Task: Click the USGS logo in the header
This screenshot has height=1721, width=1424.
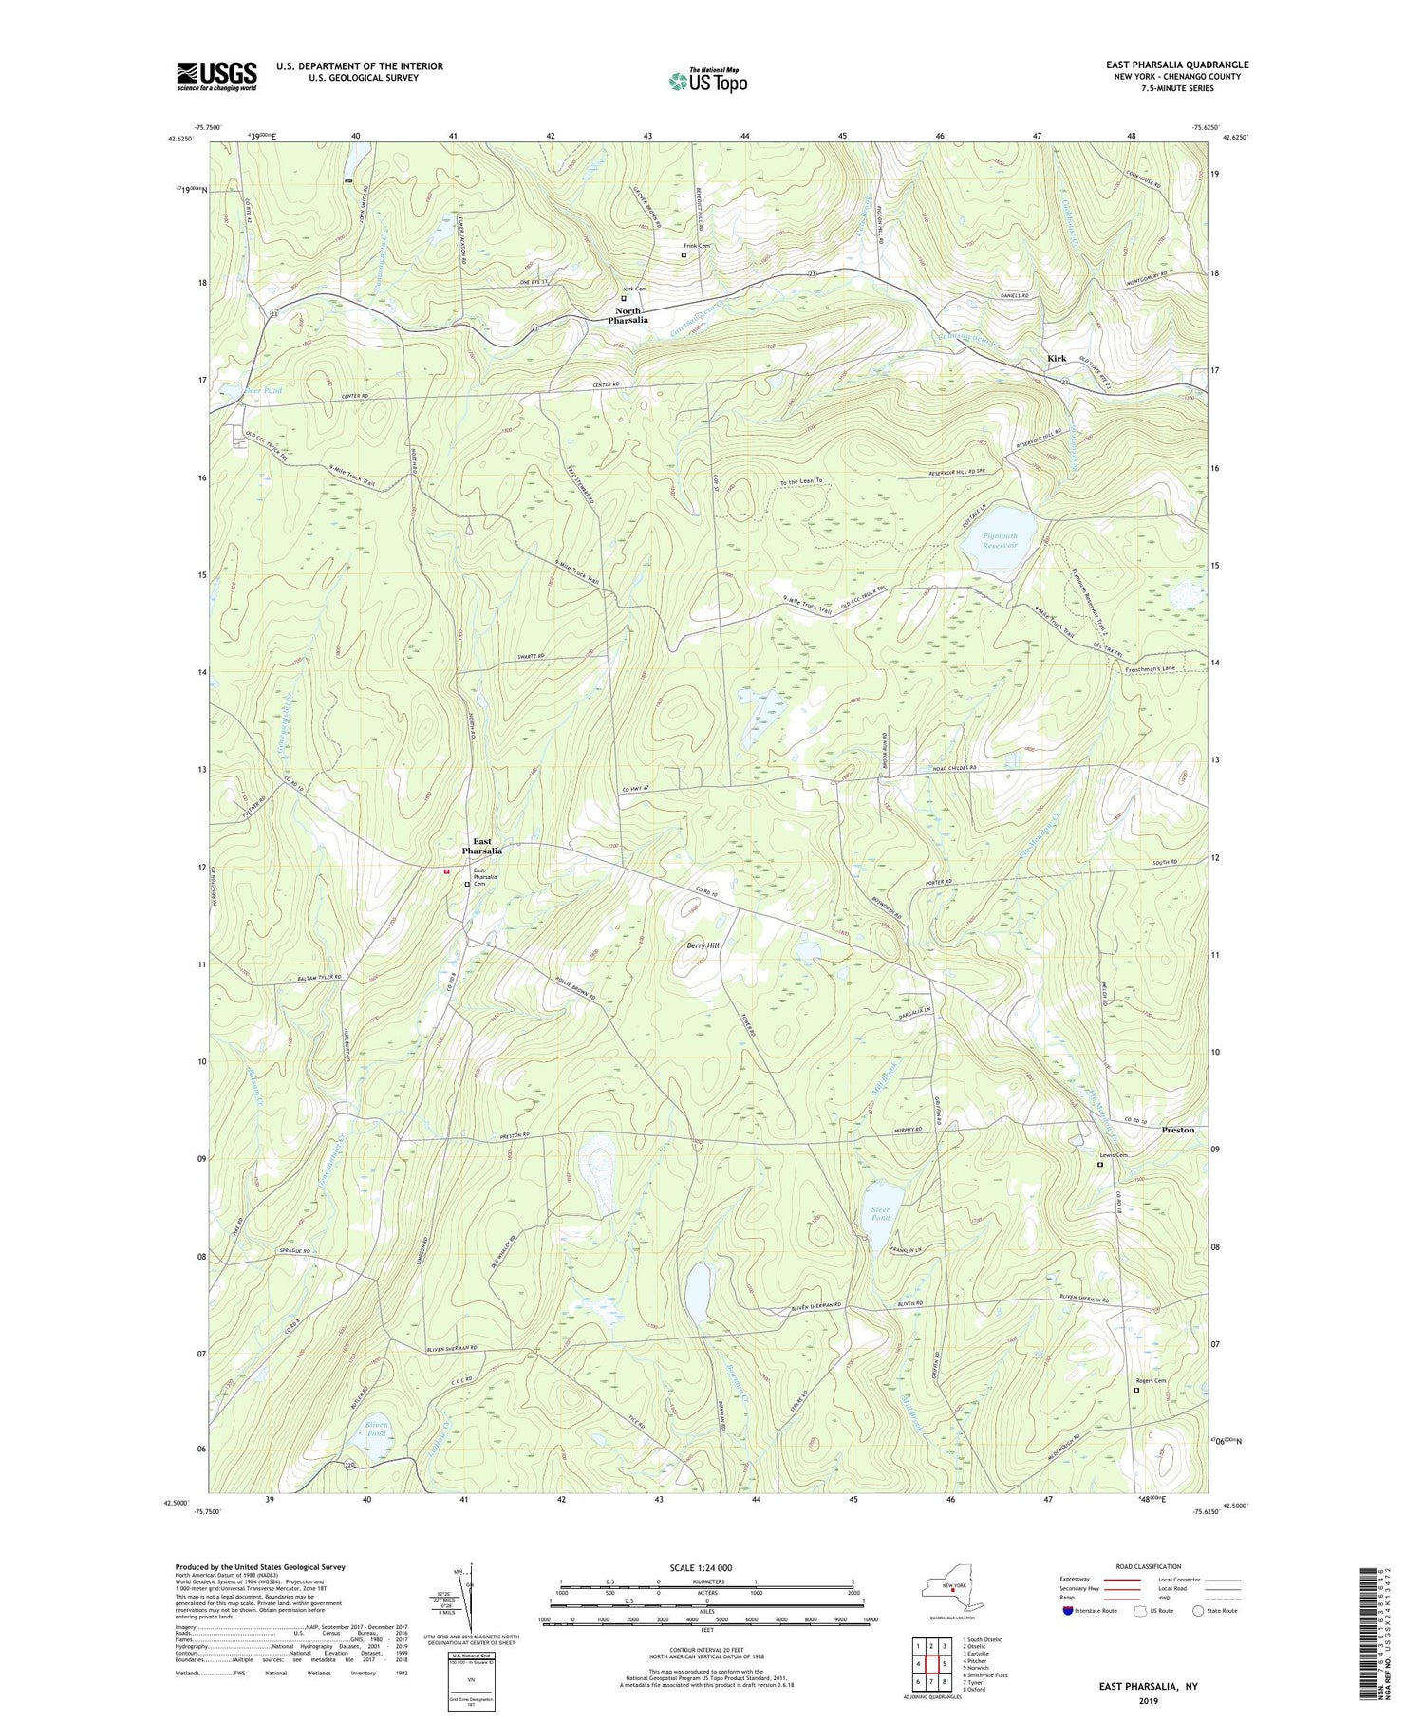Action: click(216, 76)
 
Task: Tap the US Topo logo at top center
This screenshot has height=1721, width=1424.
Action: click(707, 82)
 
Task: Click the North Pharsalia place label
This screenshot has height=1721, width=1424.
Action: click(628, 316)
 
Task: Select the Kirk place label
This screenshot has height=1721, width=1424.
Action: click(1056, 359)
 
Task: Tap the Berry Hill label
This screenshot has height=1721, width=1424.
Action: click(703, 945)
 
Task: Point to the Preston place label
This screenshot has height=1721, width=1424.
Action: click(1177, 1131)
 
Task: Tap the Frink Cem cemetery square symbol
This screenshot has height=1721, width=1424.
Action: click(683, 254)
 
